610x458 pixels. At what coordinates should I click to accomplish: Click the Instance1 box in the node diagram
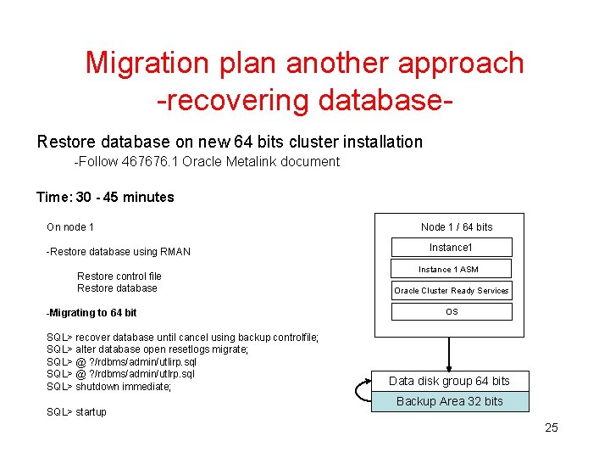point(451,248)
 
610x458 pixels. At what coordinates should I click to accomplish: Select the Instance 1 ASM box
point(451,269)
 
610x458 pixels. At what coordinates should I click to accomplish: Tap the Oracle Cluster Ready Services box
point(451,290)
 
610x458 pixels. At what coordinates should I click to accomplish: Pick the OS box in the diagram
point(451,311)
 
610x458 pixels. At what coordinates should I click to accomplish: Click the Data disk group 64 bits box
point(449,381)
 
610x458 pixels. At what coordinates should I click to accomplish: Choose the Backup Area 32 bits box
point(449,401)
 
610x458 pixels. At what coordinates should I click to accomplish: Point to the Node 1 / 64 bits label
point(457,226)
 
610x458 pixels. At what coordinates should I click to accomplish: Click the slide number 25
point(552,427)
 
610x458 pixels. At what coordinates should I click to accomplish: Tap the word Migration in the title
point(146,63)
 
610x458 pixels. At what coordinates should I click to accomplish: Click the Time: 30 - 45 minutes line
point(105,198)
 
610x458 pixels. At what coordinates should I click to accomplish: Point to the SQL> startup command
point(76,412)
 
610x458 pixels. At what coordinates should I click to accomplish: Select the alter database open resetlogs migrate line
point(147,349)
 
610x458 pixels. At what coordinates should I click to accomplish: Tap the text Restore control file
point(119,276)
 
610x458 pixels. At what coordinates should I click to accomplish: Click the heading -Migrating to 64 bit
point(91,313)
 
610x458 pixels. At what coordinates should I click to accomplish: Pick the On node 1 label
point(70,226)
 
